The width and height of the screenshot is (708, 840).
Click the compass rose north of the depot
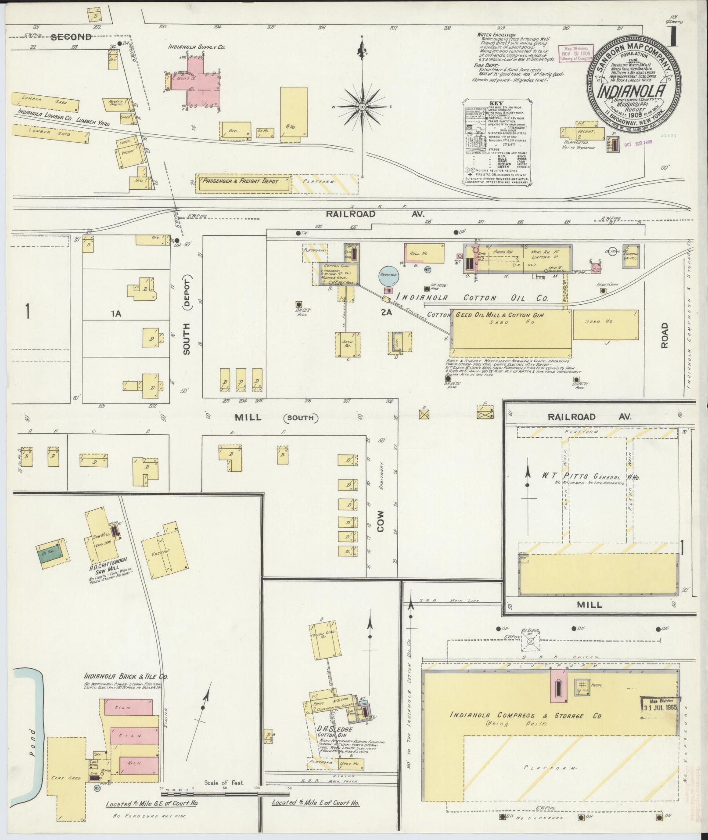pos(362,107)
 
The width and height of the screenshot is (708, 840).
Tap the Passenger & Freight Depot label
pos(241,181)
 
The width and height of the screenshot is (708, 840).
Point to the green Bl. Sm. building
pos(53,549)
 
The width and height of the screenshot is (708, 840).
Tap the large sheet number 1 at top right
pos(671,37)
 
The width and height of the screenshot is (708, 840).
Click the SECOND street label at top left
pos(71,37)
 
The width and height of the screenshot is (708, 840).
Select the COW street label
pos(380,521)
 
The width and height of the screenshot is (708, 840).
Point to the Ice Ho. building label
pos(266,130)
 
